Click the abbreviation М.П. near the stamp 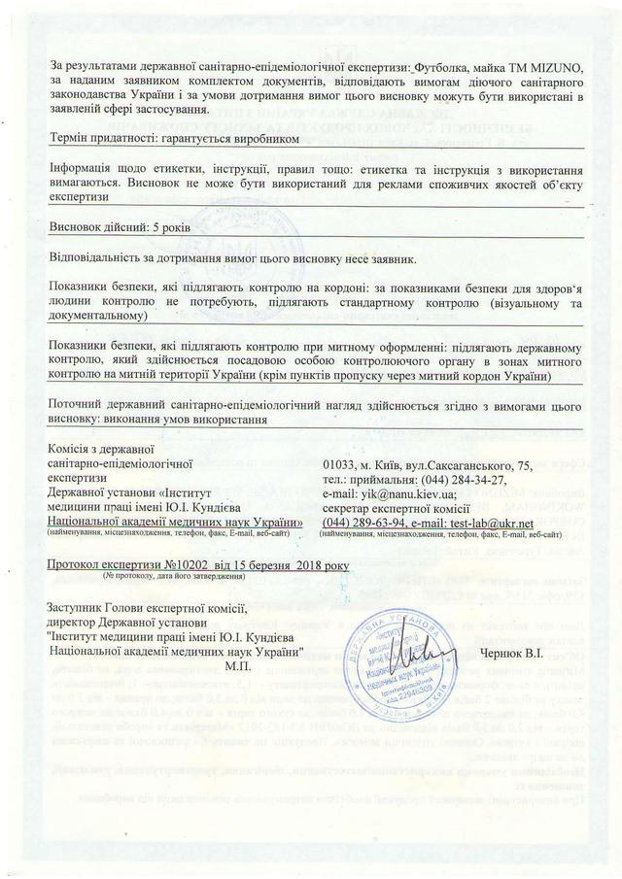click(236, 667)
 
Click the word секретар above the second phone click(350, 509)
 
